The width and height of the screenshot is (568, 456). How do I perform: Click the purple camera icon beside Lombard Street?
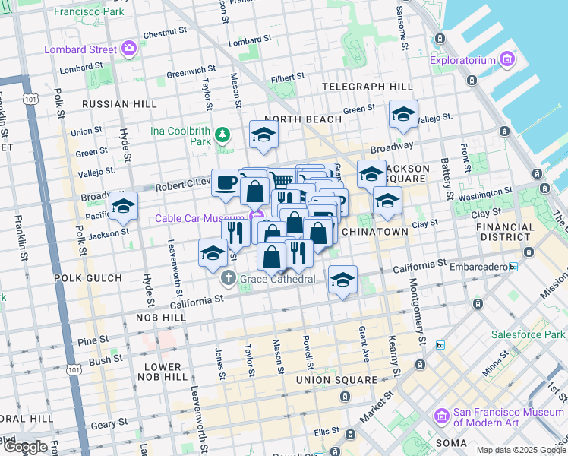click(x=128, y=49)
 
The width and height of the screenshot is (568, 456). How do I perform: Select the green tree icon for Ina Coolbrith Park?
click(x=222, y=135)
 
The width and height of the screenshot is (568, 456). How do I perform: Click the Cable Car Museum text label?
click(x=202, y=218)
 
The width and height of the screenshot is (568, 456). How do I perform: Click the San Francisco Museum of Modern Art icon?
click(x=442, y=416)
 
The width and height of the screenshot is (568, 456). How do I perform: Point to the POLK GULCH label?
click(x=88, y=279)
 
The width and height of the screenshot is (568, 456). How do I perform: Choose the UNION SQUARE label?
click(x=336, y=379)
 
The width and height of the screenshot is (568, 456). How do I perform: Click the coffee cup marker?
click(x=226, y=182)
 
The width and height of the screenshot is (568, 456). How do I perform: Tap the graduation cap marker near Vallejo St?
click(x=402, y=114)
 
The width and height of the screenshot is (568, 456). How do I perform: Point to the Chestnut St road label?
click(x=165, y=33)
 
